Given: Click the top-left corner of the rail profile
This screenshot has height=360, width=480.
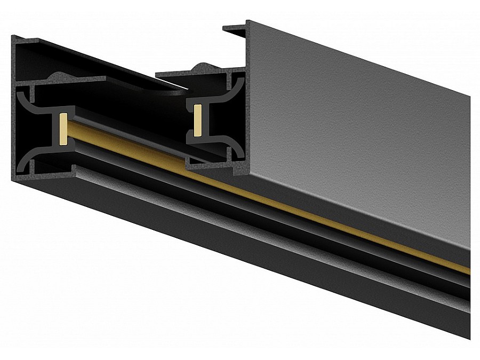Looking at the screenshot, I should (13, 36).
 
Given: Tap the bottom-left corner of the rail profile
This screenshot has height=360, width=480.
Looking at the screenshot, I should (13, 179).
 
